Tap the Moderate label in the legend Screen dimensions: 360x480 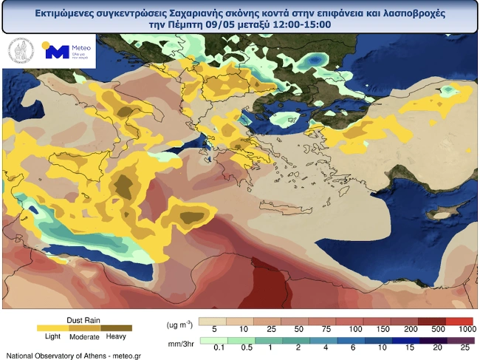85,337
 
